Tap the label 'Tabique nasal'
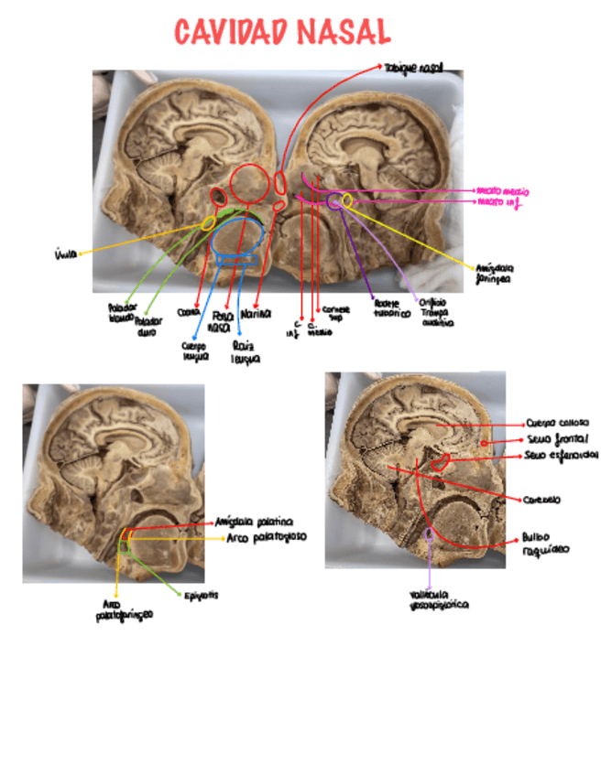tap(414, 67)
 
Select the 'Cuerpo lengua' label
tap(194, 352)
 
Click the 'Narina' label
tap(257, 314)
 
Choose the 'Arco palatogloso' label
tap(266, 538)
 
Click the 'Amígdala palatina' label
tap(254, 522)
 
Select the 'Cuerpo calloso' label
tap(551, 424)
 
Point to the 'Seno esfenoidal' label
tap(563, 455)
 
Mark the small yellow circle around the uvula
tap(209, 222)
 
